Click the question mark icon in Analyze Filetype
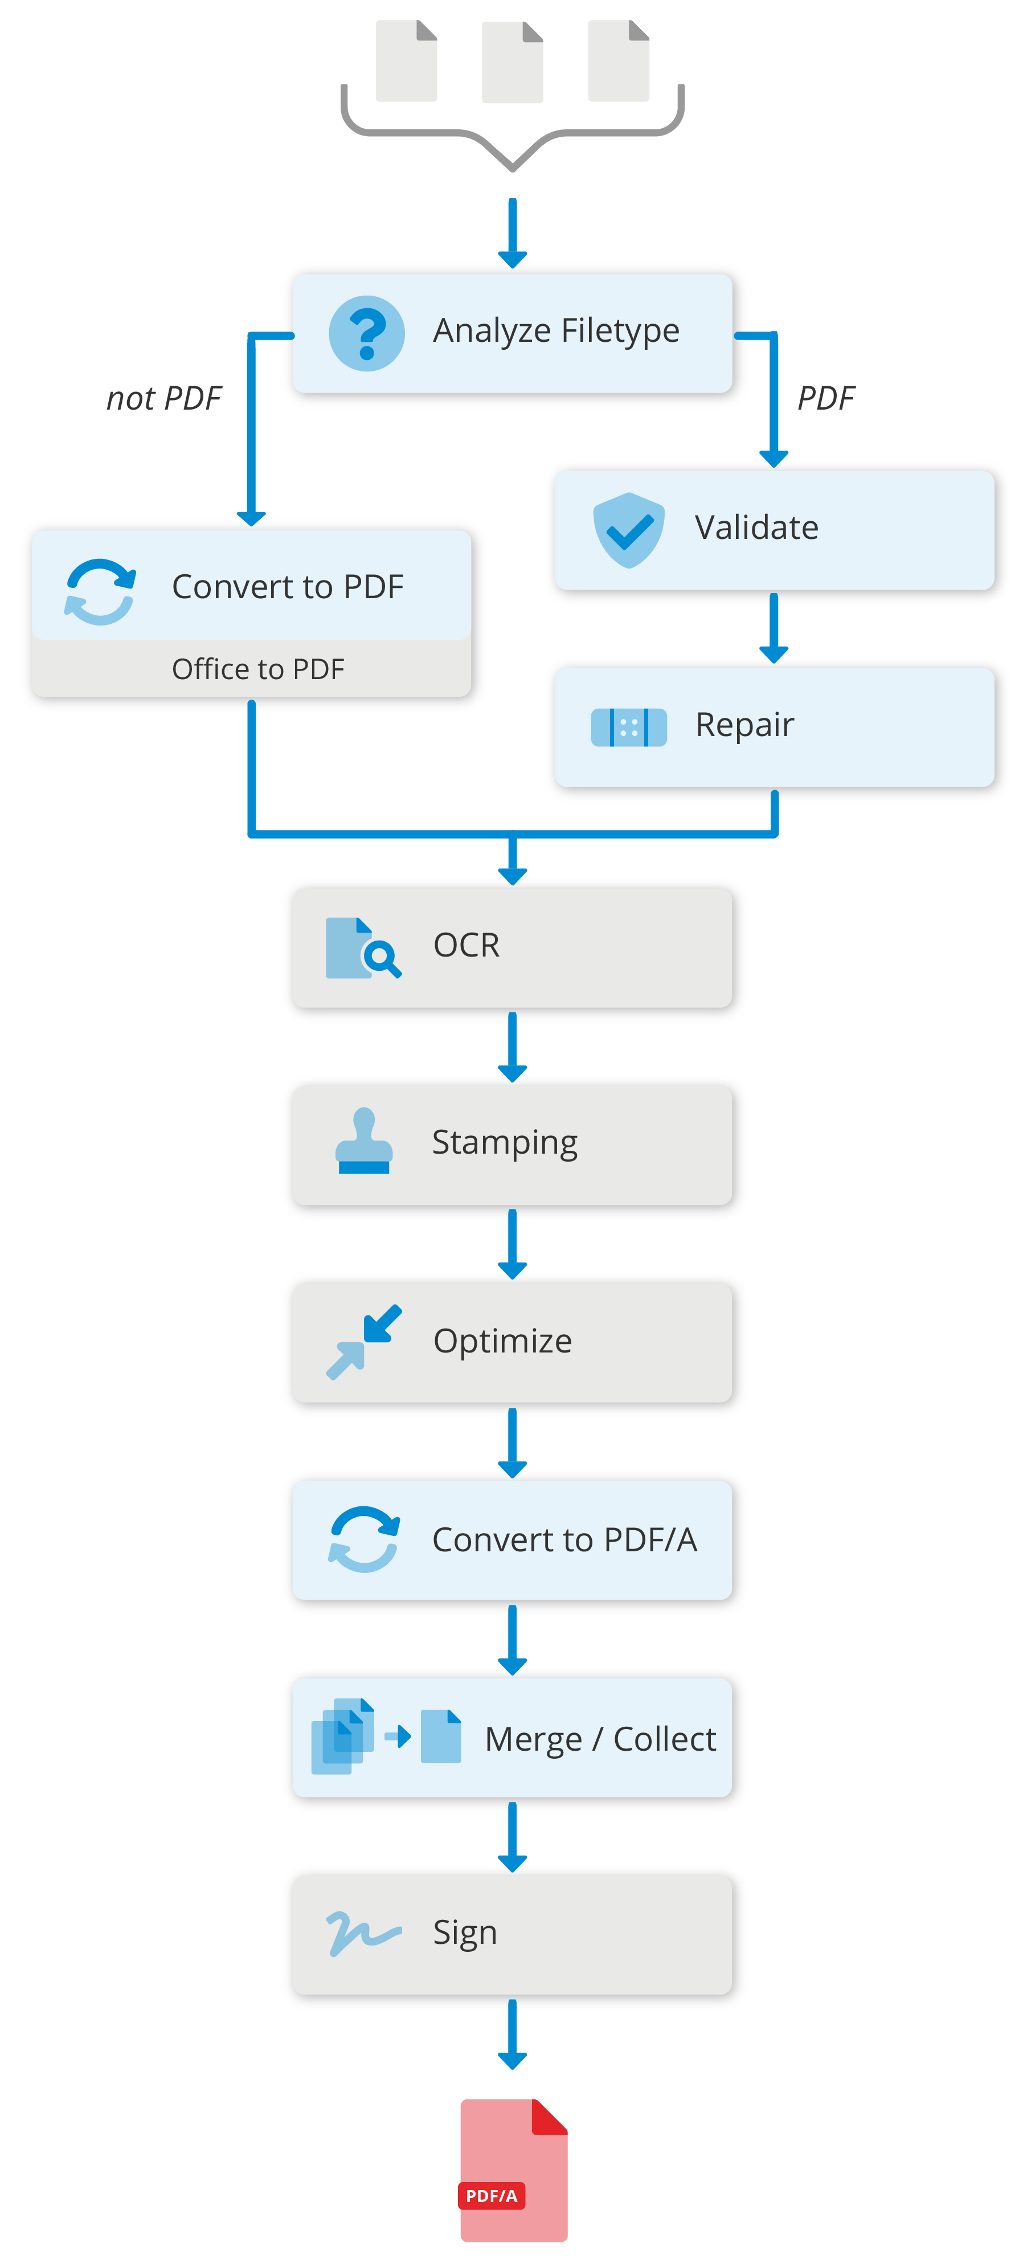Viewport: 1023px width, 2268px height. (x=366, y=333)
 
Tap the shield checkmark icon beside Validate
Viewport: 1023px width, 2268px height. (x=629, y=530)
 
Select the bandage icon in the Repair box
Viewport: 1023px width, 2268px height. (x=629, y=728)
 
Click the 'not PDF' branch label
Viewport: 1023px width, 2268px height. (x=163, y=399)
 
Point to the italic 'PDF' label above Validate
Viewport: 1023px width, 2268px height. (x=825, y=399)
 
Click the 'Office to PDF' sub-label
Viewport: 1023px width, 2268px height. (x=258, y=669)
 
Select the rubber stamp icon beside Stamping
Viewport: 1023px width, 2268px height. (x=363, y=1142)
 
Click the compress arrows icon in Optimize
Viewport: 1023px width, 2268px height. (x=363, y=1341)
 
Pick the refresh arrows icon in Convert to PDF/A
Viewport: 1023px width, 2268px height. (x=363, y=1539)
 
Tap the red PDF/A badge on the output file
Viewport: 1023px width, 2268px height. (x=491, y=2196)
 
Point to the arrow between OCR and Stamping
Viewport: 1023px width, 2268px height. (x=513, y=1048)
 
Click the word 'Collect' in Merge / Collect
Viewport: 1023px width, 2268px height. (x=665, y=1739)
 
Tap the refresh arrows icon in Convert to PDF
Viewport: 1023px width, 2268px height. (x=100, y=592)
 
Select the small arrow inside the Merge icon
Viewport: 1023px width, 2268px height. (x=398, y=1736)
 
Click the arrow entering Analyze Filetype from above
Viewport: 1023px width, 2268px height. (x=513, y=234)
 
